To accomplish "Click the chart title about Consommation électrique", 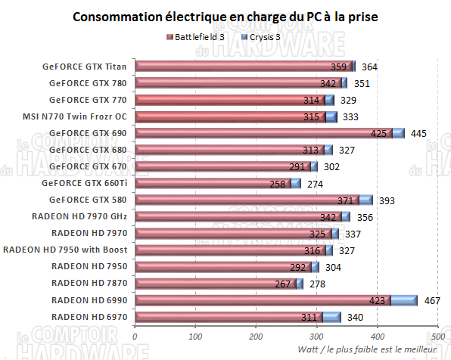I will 225,16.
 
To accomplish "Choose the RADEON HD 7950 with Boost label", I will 65,250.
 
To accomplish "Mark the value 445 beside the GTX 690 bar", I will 418,134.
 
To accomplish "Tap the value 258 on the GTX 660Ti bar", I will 279,184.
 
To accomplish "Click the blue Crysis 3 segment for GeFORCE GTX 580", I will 365,200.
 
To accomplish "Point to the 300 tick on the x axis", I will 316,337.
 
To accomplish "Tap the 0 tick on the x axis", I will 135,337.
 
